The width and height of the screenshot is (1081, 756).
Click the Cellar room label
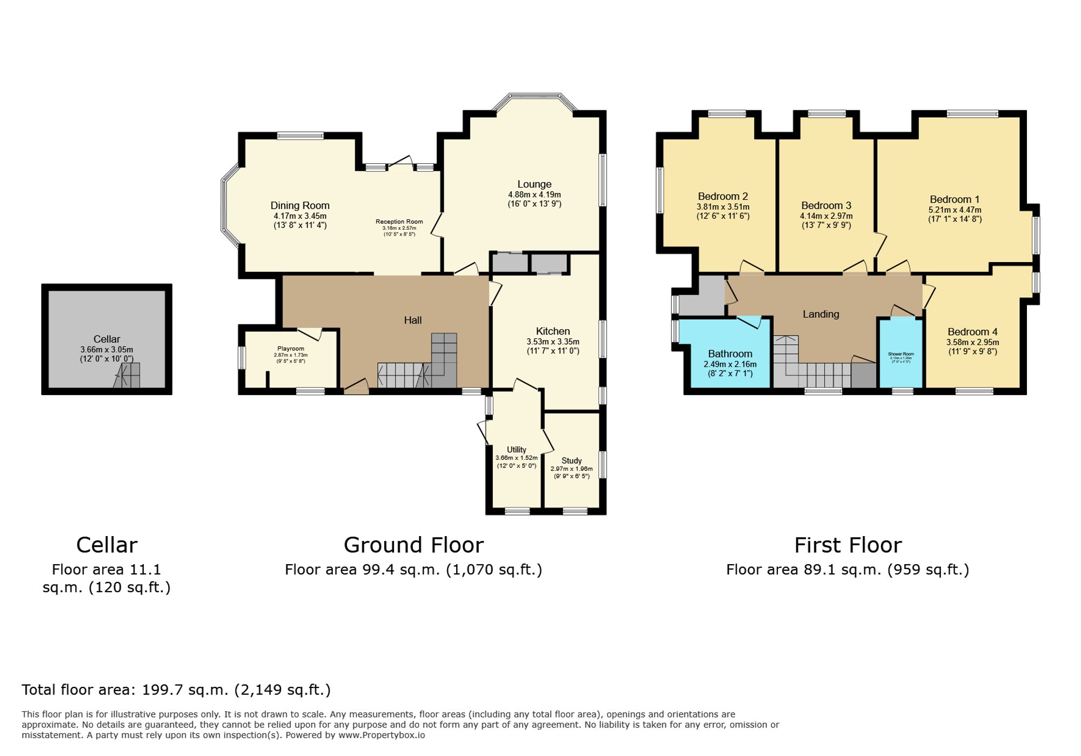[x=106, y=339]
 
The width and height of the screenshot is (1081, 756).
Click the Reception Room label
[x=399, y=222]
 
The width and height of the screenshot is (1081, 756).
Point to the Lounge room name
[x=534, y=184]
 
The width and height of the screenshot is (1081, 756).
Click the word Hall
[x=412, y=320]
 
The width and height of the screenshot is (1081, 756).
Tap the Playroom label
[x=290, y=349]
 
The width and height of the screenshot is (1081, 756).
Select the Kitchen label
[x=552, y=331]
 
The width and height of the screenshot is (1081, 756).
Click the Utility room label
[x=516, y=450]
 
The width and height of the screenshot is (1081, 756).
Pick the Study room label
[x=571, y=461]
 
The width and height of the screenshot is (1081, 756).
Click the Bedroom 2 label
[x=723, y=197]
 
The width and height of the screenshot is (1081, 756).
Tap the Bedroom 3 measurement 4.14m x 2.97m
[x=826, y=216]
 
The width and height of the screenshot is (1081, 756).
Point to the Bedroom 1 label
[x=955, y=199]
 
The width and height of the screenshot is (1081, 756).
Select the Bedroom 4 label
[x=972, y=332]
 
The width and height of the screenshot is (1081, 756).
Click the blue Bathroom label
[x=730, y=354]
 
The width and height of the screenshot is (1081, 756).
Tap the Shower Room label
[x=900, y=354]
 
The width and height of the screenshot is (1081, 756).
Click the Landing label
[x=820, y=315]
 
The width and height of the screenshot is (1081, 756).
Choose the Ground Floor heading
[x=413, y=545]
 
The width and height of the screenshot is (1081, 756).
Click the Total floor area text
[x=176, y=690]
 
